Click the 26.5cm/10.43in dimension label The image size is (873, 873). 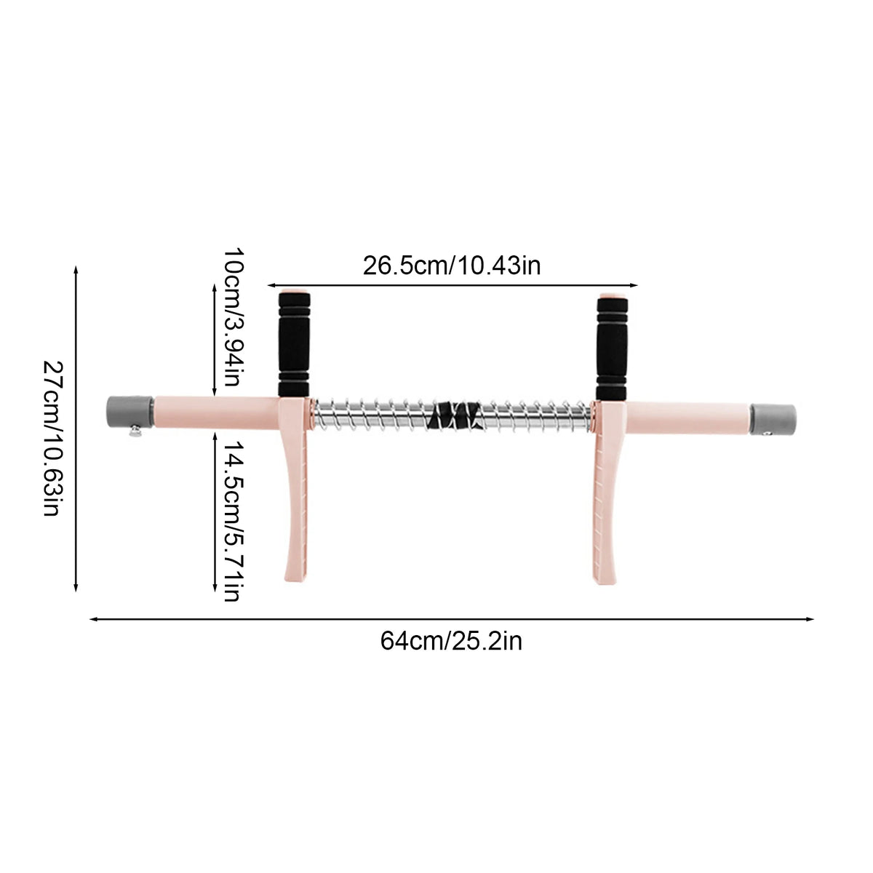click(452, 266)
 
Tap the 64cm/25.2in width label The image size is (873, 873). click(451, 642)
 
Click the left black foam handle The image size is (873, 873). click(294, 345)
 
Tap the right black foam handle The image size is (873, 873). click(612, 348)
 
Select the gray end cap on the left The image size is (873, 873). click(130, 412)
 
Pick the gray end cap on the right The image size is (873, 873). click(773, 420)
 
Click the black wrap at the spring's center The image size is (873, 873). click(455, 415)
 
